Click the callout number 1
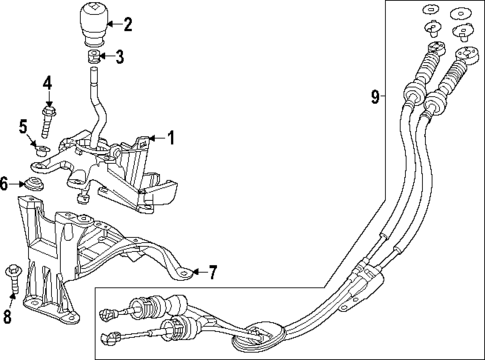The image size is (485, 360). click(x=171, y=138)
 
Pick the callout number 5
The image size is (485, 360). click(x=24, y=126)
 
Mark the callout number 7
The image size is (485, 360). click(x=211, y=272)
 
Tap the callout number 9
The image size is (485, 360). click(x=374, y=97)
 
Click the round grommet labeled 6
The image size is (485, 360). click(x=36, y=184)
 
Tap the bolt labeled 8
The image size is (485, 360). click(x=12, y=271)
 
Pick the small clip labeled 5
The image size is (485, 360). click(x=41, y=153)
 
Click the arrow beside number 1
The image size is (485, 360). click(x=155, y=138)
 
